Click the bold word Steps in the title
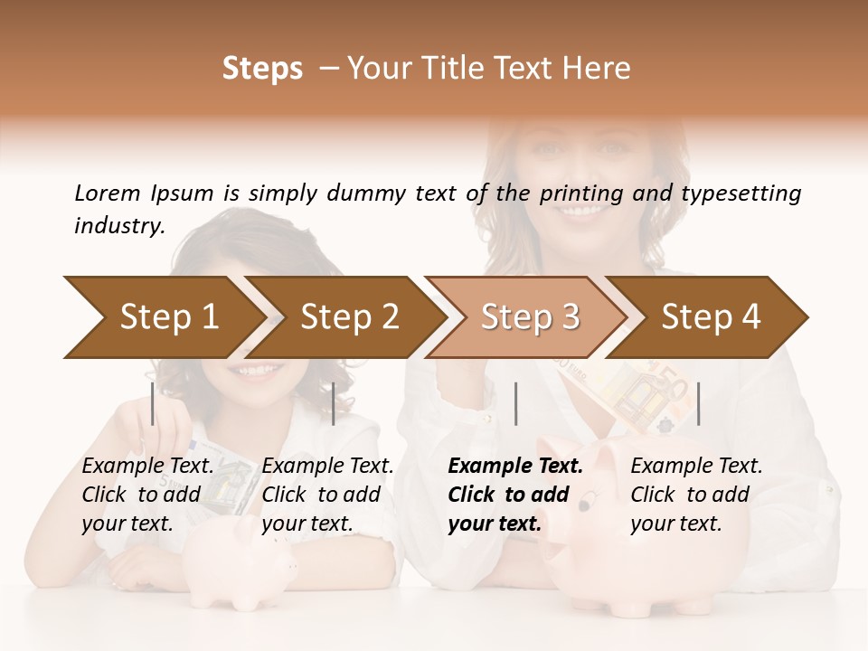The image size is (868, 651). (262, 69)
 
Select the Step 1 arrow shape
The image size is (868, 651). (163, 317)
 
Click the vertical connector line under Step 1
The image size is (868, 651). (153, 403)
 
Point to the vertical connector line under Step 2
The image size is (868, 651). (334, 403)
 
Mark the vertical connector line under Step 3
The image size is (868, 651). (515, 403)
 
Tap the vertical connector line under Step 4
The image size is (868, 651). (698, 403)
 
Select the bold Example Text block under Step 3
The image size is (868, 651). (515, 495)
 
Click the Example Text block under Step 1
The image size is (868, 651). (147, 495)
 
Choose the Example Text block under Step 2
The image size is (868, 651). (327, 495)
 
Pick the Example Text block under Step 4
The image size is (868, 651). (696, 495)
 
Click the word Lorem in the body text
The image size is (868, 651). (108, 193)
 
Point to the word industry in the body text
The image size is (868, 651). (118, 226)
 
